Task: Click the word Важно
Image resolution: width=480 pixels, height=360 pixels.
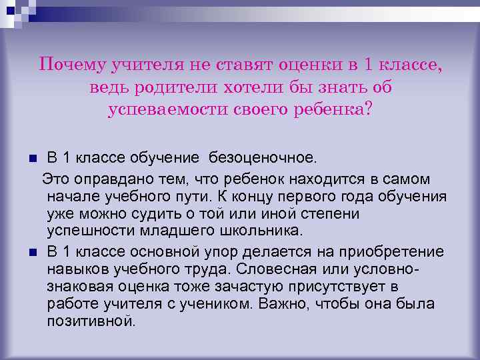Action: [288, 304]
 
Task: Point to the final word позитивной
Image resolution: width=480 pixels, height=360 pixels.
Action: [91, 321]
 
